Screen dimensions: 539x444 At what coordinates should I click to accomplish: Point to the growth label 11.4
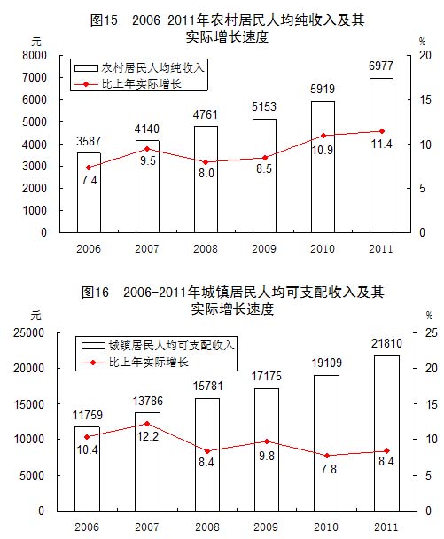pos(381,146)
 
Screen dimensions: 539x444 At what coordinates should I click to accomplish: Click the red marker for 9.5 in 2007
pos(147,149)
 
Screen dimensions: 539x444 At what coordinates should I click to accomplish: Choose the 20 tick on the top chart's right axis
pos(424,55)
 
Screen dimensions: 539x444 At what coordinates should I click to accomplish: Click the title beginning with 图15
pos(222,17)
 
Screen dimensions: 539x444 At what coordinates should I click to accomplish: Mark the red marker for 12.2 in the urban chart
pos(147,424)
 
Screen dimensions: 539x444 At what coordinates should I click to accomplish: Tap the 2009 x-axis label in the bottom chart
pos(265,527)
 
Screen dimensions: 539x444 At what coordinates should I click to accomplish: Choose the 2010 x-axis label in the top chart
pos(323,249)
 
